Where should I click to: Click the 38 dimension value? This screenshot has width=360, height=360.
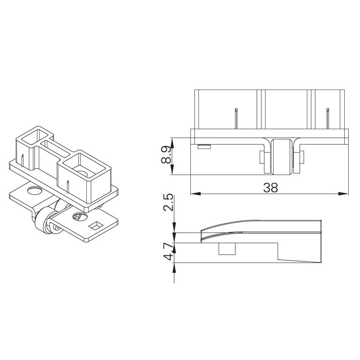point(270,188)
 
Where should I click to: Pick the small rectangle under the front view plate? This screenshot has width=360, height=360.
point(204,146)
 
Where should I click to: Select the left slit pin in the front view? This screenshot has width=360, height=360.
point(236,118)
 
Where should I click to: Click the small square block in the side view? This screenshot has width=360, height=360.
point(227,249)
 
